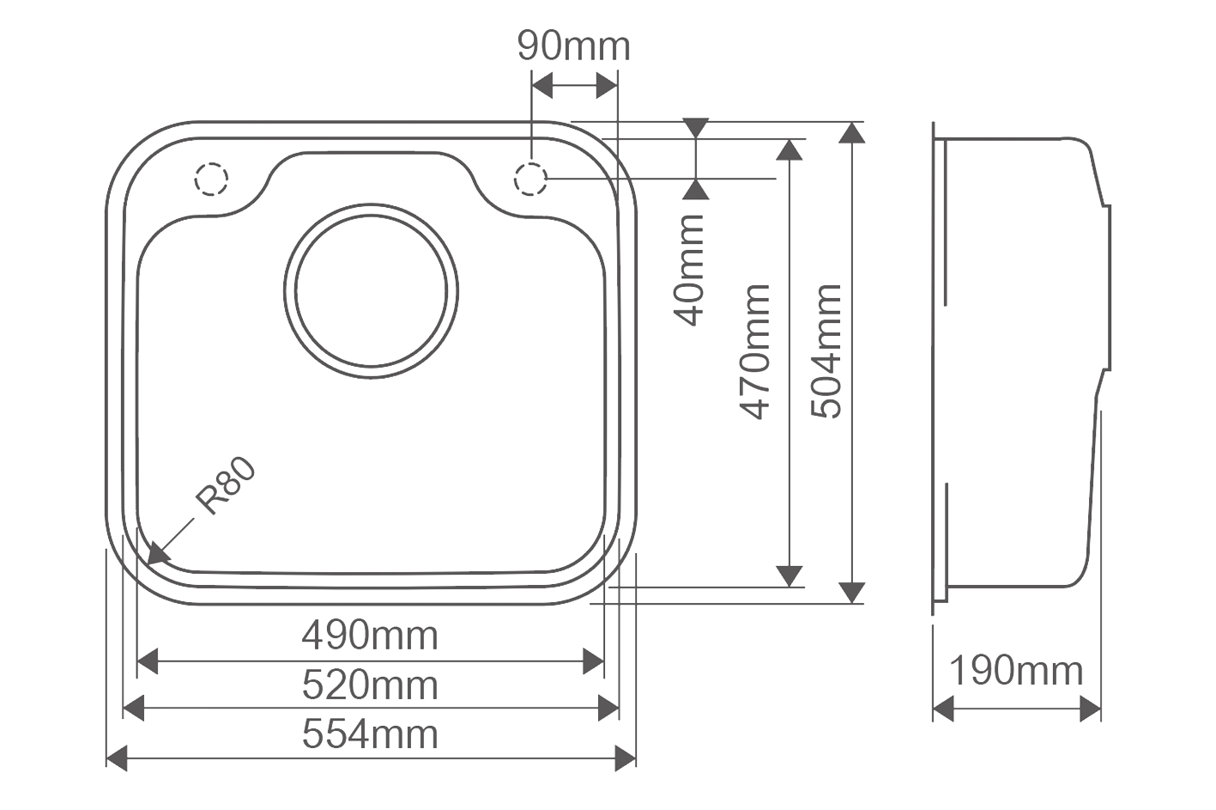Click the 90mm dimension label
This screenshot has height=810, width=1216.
pos(573,46)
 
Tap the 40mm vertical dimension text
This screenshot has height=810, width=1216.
pos(688,271)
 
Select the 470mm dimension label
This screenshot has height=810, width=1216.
pos(754,352)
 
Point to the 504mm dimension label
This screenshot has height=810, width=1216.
pos(826,351)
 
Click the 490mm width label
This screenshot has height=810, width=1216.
pos(370,636)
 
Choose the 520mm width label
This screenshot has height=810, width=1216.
pos(370,685)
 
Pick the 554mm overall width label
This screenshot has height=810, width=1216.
pos(370,734)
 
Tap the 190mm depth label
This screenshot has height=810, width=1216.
pos(1016,671)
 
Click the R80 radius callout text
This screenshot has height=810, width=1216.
pos(226,485)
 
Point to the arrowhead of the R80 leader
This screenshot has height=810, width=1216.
pos(156,555)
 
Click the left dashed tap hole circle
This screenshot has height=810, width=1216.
pos(211,179)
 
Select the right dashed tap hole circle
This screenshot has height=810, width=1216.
pos(530,179)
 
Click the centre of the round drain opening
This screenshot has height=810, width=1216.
pos(371,291)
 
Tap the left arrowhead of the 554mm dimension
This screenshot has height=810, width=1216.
pos(117,758)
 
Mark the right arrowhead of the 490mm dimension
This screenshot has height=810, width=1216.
pos(593,661)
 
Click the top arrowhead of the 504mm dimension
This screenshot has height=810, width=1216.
pos(852,132)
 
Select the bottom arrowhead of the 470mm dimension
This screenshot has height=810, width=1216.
pos(789,576)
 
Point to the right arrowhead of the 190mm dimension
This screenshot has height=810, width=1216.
pos(1091,709)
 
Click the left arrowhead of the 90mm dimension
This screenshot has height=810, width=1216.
pos(542,85)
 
